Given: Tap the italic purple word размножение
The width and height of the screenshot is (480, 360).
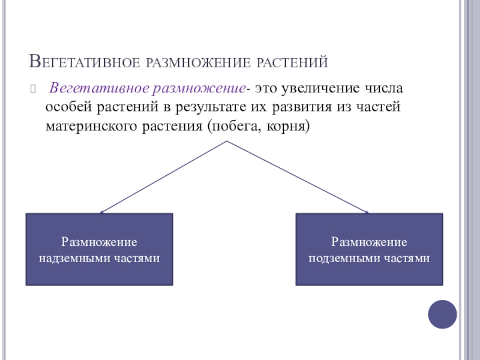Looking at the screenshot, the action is pyautogui.click(x=199, y=89).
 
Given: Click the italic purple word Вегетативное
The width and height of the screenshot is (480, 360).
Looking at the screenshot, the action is pyautogui.click(x=99, y=89).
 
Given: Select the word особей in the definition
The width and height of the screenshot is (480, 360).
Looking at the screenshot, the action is pyautogui.click(x=69, y=108).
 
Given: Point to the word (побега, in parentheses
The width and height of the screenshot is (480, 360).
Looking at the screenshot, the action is pyautogui.click(x=230, y=127).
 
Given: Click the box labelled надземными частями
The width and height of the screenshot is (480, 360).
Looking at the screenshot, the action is pyautogui.click(x=99, y=249).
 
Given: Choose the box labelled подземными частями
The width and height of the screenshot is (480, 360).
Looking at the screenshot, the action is pyautogui.click(x=370, y=249).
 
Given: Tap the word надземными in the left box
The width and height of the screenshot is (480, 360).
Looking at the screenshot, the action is pyautogui.click(x=76, y=259).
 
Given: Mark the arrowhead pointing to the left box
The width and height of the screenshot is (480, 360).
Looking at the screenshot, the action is pyautogui.click(x=101, y=212).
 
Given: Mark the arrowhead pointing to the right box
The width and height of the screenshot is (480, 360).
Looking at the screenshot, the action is pyautogui.click(x=365, y=211).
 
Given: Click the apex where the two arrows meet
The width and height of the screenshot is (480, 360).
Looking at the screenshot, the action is pyautogui.click(x=227, y=141).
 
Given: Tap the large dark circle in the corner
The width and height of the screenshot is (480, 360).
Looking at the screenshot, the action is pyautogui.click(x=443, y=314).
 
